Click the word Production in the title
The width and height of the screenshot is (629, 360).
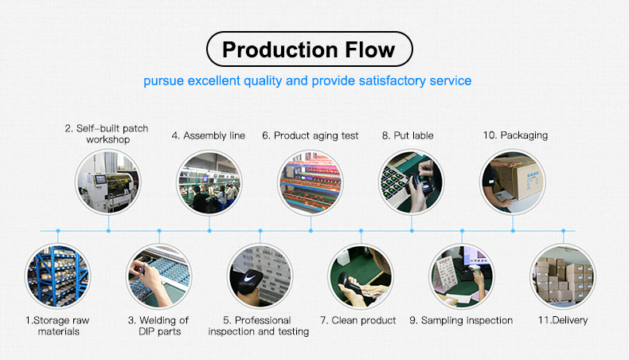280,49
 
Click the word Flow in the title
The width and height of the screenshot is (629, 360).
370,49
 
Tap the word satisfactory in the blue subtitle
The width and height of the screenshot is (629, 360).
393,80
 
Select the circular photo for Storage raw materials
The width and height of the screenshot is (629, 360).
58,276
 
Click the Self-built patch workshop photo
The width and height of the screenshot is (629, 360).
108,182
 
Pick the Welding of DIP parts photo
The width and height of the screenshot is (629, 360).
159,276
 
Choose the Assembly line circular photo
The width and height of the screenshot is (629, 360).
209,182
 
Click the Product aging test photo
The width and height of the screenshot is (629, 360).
311,182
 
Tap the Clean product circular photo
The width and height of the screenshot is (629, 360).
361,276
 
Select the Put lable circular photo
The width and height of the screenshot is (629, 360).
412,182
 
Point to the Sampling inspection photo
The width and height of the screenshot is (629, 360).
462,276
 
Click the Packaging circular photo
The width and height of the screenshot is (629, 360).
513,182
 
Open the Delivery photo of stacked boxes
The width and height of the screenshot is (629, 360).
563,276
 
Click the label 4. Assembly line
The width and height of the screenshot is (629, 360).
209,135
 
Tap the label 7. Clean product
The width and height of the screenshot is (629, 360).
358,320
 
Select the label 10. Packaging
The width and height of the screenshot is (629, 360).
515,135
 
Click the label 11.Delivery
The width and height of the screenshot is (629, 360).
563,320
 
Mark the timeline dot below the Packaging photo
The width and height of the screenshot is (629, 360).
513,231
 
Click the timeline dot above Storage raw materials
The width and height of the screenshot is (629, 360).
58,231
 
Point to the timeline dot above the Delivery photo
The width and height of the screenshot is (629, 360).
563,231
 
